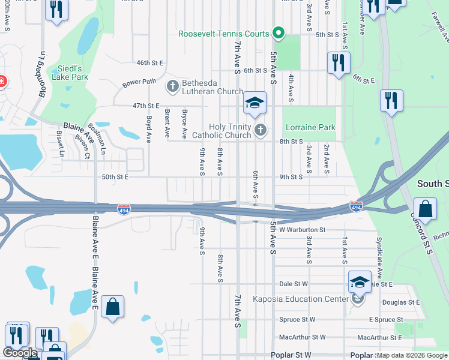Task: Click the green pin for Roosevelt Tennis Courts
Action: pyautogui.click(x=278, y=32)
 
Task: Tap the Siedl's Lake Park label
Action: pyautogui.click(x=69, y=73)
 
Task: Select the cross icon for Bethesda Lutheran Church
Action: pyautogui.click(x=172, y=86)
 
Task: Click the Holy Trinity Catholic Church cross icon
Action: pyautogui.click(x=261, y=130)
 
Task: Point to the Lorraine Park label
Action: pyautogui.click(x=310, y=127)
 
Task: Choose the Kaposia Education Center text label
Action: pyautogui.click(x=301, y=299)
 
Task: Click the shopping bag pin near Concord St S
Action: pyautogui.click(x=425, y=209)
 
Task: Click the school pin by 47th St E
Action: pyautogui.click(x=255, y=103)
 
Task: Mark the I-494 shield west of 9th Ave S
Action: pyautogui.click(x=122, y=209)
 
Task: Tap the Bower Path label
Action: pyautogui.click(x=139, y=82)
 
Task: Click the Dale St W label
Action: pyautogui.click(x=294, y=284)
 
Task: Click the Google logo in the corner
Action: pyautogui.click(x=20, y=353)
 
